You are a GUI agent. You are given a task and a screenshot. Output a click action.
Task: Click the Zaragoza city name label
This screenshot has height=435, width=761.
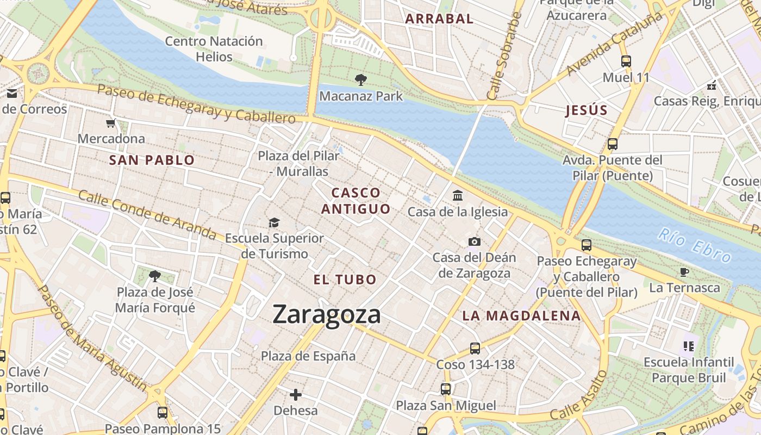(326, 315)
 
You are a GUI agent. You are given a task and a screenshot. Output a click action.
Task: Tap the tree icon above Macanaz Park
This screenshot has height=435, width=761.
(360, 80)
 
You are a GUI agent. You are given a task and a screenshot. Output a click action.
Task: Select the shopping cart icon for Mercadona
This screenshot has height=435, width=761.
(111, 123)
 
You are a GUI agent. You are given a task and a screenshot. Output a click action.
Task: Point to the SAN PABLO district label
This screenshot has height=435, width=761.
(152, 160)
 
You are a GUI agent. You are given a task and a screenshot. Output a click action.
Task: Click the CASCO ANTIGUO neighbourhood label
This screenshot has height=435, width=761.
(356, 201)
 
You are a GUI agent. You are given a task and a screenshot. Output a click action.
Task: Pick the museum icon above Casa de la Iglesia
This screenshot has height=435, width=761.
(458, 195)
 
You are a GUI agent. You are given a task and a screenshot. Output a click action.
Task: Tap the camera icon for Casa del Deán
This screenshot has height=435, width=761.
(474, 241)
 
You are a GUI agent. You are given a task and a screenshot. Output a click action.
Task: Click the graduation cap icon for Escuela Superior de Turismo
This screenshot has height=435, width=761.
(274, 222)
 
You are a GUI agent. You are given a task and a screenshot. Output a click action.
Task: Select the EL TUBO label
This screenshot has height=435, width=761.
(345, 279)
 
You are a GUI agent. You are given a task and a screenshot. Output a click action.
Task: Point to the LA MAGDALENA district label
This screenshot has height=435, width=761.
(521, 315)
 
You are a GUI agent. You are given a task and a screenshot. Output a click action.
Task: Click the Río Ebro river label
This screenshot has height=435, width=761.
(694, 245)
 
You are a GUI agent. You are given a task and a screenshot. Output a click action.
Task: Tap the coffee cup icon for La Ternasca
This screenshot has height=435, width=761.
(684, 272)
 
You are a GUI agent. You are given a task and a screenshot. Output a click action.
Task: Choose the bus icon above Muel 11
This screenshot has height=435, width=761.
(626, 61)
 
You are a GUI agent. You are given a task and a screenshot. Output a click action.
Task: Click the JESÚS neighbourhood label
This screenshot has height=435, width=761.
(586, 110)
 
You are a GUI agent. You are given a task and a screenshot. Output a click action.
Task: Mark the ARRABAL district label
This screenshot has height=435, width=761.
(439, 18)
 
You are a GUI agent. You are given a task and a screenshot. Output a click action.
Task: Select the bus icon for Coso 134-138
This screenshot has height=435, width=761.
(475, 349)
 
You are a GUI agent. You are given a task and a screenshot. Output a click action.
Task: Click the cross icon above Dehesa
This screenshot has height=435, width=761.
(296, 394)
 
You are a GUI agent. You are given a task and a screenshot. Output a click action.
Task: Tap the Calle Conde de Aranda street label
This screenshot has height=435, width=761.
(147, 214)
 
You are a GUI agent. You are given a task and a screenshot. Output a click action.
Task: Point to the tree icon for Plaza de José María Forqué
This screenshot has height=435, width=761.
(155, 276)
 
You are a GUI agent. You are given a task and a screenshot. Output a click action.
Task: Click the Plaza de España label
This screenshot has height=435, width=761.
(308, 356)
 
